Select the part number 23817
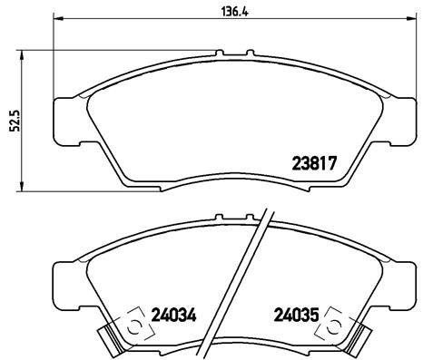pos(314,165)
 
